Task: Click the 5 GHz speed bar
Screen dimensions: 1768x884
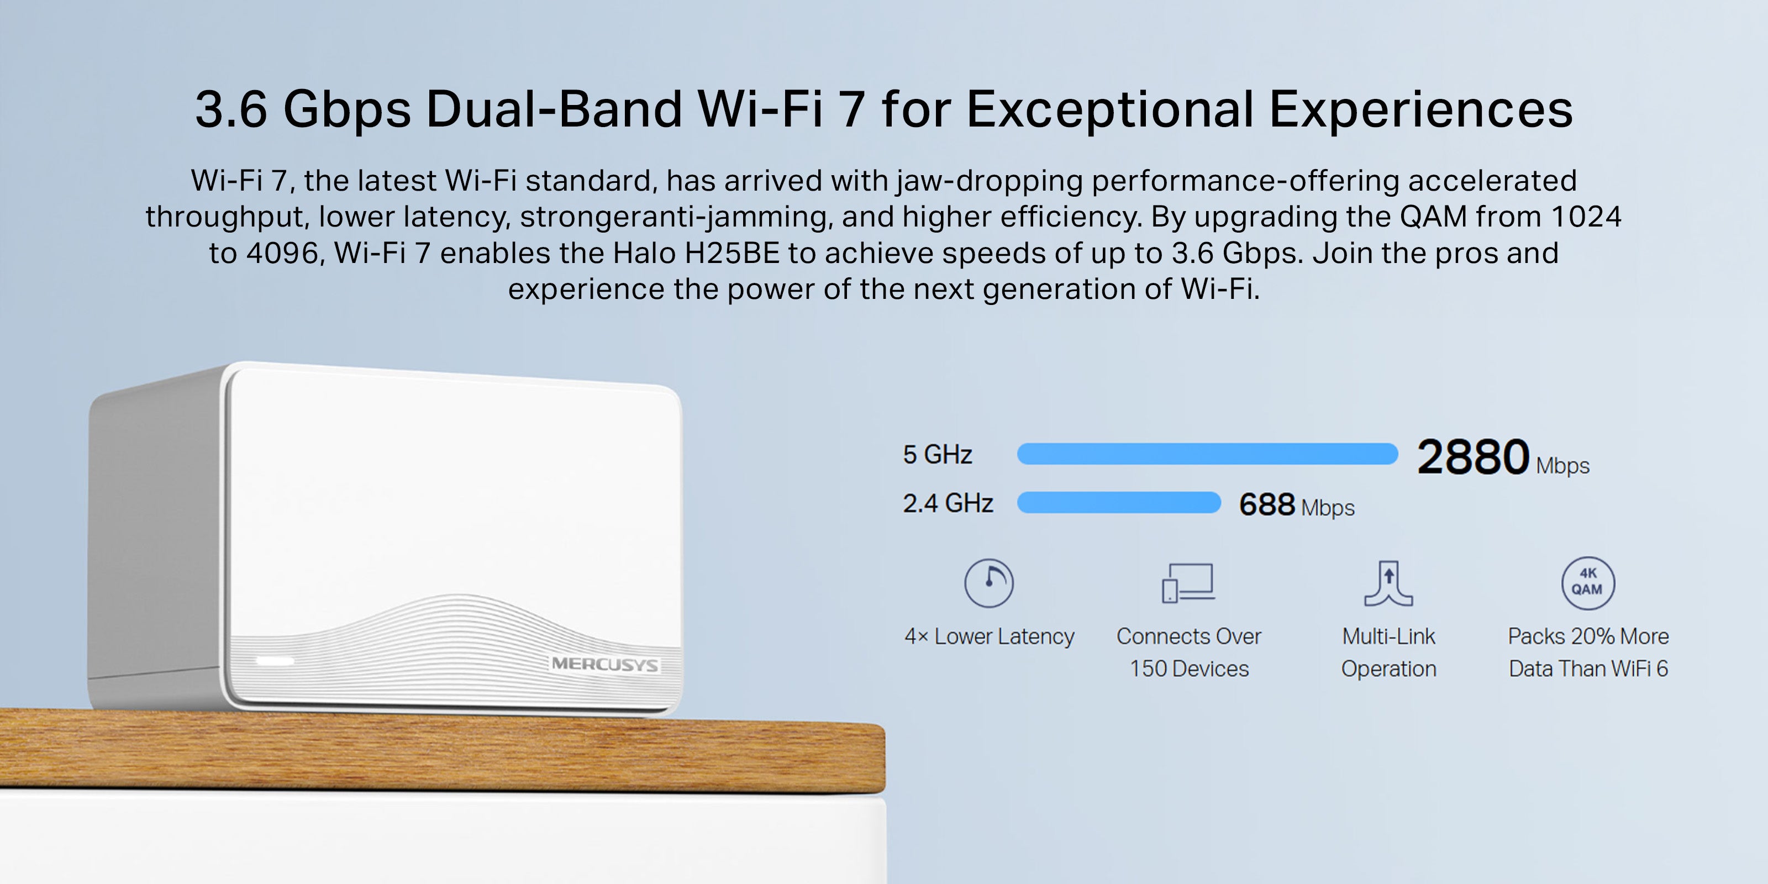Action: pyautogui.click(x=1207, y=454)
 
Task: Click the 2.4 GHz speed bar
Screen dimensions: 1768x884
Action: pyautogui.click(x=1119, y=502)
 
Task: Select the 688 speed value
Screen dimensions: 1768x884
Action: pyautogui.click(x=1267, y=504)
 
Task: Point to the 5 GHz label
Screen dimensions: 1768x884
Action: pyautogui.click(x=938, y=454)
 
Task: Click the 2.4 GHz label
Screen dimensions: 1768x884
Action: pyautogui.click(x=948, y=503)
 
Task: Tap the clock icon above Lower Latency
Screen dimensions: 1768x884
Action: pyautogui.click(x=989, y=583)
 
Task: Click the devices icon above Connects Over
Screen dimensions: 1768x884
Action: pyautogui.click(x=1188, y=583)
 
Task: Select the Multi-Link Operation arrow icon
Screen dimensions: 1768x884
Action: pyautogui.click(x=1388, y=583)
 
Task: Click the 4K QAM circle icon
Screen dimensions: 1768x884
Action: pyautogui.click(x=1588, y=583)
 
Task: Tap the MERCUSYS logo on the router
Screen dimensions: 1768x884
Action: pyautogui.click(x=604, y=664)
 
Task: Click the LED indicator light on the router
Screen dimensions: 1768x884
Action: pyautogui.click(x=275, y=660)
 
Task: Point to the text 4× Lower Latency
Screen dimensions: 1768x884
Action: pyautogui.click(x=989, y=636)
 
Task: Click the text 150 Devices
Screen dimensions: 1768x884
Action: pyautogui.click(x=1190, y=669)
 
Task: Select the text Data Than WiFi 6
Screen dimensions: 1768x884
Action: pyautogui.click(x=1588, y=669)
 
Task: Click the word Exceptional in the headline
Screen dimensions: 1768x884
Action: pyautogui.click(x=1111, y=109)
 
